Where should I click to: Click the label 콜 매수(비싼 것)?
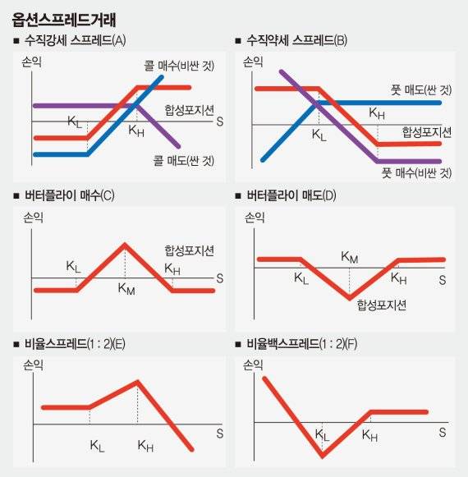pyautogui.click(x=175, y=66)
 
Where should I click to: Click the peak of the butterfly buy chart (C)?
pyautogui.click(x=125, y=244)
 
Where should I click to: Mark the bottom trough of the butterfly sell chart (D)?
pyautogui.click(x=350, y=296)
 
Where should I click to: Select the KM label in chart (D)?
pyautogui.click(x=350, y=258)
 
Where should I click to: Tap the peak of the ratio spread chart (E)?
pyautogui.click(x=138, y=381)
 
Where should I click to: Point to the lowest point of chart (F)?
pyautogui.click(x=322, y=456)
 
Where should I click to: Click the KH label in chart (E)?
pyautogui.click(x=145, y=446)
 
